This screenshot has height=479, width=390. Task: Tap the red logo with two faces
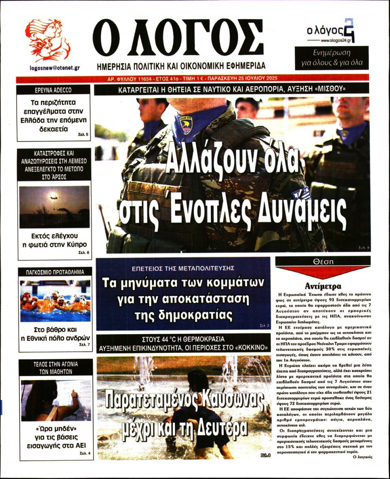point(48,40)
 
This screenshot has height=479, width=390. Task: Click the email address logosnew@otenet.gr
point(54,68)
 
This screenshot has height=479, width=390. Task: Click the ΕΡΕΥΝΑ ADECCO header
point(53,90)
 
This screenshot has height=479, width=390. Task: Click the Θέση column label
point(323,261)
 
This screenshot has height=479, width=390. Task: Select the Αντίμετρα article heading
point(323,286)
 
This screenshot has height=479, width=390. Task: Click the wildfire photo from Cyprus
point(54,207)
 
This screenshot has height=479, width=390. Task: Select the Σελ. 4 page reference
point(86,453)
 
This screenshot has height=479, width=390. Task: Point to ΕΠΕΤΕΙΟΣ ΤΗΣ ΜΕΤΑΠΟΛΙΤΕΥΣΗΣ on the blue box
point(183,268)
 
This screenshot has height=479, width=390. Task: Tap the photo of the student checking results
point(56,400)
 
